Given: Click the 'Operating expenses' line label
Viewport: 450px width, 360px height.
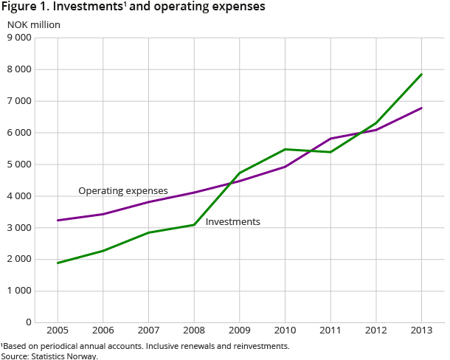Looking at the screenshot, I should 123,191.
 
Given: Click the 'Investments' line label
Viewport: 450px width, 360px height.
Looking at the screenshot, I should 232,221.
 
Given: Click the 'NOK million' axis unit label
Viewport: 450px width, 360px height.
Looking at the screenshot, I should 34,24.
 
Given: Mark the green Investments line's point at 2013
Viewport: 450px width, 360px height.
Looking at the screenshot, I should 422,74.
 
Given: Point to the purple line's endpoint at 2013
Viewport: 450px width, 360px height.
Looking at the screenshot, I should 422,108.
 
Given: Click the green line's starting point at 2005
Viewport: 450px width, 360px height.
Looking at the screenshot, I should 58,263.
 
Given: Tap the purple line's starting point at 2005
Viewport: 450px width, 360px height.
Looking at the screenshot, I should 58,220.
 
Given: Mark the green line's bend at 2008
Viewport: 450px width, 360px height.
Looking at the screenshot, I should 194,224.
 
